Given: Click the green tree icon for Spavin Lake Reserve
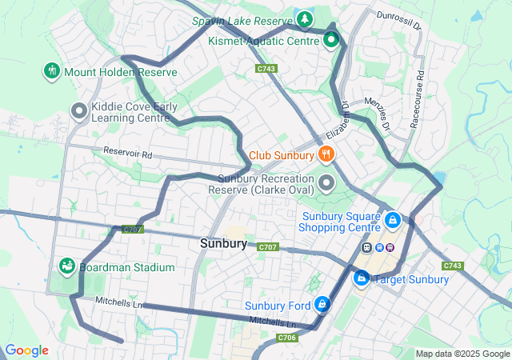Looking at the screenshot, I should click(304, 18).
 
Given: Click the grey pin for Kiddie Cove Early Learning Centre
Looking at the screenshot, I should click(79, 110).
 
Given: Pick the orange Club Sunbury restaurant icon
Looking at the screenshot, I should click(326, 154).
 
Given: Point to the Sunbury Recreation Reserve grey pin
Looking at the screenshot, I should click(326, 183).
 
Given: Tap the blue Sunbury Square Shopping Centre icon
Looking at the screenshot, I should click(393, 218).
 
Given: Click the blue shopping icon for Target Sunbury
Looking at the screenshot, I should click(362, 278).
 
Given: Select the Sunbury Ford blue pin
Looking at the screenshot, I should click(322, 304).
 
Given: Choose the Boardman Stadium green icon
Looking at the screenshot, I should click(67, 266).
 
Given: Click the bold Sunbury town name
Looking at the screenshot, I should click(223, 243).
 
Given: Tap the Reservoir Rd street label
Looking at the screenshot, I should click(127, 151).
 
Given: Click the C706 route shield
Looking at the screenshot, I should click(287, 338).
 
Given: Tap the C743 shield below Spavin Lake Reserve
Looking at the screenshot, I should click(266, 69).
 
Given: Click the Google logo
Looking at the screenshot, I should click(26, 350).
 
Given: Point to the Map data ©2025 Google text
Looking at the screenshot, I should click(461, 354).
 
